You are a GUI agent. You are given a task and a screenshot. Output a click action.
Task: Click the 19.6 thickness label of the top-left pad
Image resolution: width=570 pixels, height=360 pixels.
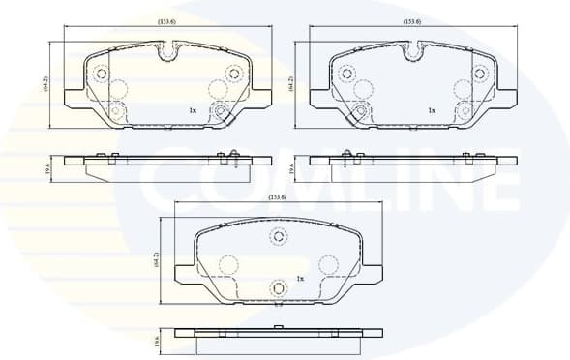point(46,169)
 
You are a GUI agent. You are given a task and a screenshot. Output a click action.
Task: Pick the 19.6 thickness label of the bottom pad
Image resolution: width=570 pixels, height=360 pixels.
point(159,340)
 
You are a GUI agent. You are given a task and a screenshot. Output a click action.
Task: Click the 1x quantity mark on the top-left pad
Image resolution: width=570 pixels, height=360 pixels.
point(193,111)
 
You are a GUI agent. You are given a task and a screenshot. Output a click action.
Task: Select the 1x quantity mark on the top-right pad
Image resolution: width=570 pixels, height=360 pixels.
point(432,111)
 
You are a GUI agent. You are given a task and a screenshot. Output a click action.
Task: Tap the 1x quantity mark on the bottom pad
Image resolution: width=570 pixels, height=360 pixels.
point(300,279)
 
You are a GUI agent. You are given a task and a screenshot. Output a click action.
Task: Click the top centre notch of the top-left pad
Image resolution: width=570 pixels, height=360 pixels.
point(168,48)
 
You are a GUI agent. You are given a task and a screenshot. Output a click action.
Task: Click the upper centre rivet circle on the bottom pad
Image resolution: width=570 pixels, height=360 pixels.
point(279,238)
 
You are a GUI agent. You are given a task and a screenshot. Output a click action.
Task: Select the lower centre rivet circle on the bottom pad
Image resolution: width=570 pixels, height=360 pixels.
point(279,286)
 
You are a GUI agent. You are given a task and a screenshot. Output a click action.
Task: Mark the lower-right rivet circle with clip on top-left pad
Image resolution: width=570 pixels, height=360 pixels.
point(221,112)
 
